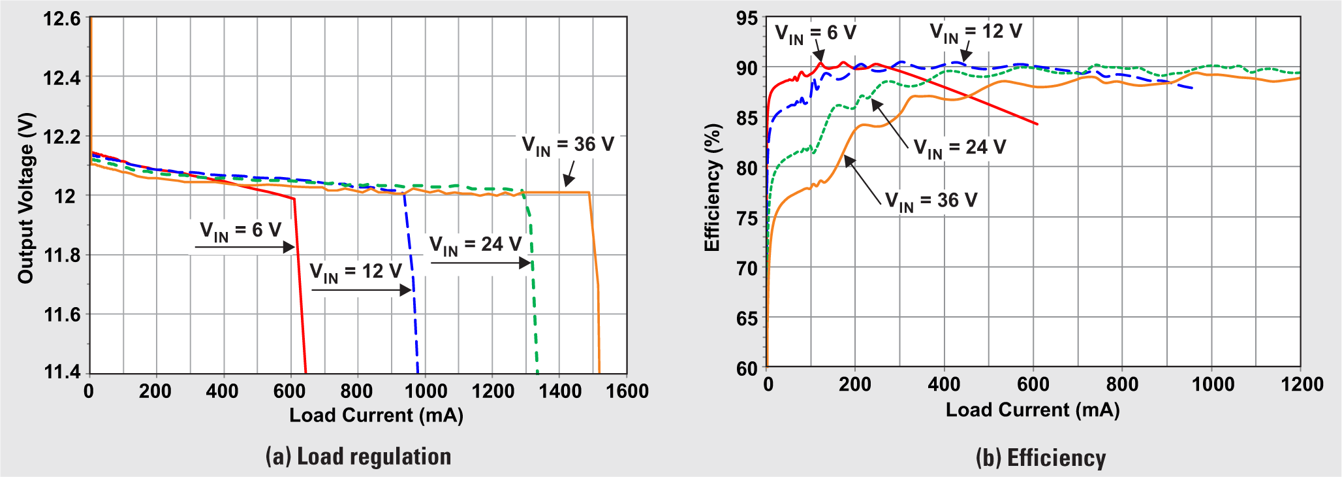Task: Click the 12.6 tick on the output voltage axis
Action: tap(62, 19)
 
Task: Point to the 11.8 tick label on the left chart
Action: tap(62, 255)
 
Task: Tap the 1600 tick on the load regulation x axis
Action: tap(627, 391)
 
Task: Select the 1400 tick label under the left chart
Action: tap(560, 391)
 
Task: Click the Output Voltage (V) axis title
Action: tap(26, 198)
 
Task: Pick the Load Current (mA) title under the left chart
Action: tap(376, 416)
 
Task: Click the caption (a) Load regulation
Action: tap(358, 457)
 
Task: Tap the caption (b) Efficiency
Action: tap(1040, 458)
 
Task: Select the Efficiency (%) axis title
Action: tap(712, 188)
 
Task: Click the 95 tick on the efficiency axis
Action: tap(747, 18)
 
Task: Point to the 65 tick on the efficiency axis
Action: tap(747, 319)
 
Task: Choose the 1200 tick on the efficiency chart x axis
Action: tap(1302, 384)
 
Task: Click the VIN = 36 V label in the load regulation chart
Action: tap(568, 145)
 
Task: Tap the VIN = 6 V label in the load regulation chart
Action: tap(240, 231)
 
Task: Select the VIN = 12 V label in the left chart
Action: tap(355, 272)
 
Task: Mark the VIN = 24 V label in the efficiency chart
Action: tap(960, 148)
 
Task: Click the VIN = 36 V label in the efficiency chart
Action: tap(931, 201)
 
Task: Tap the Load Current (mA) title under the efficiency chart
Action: tap(1033, 410)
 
